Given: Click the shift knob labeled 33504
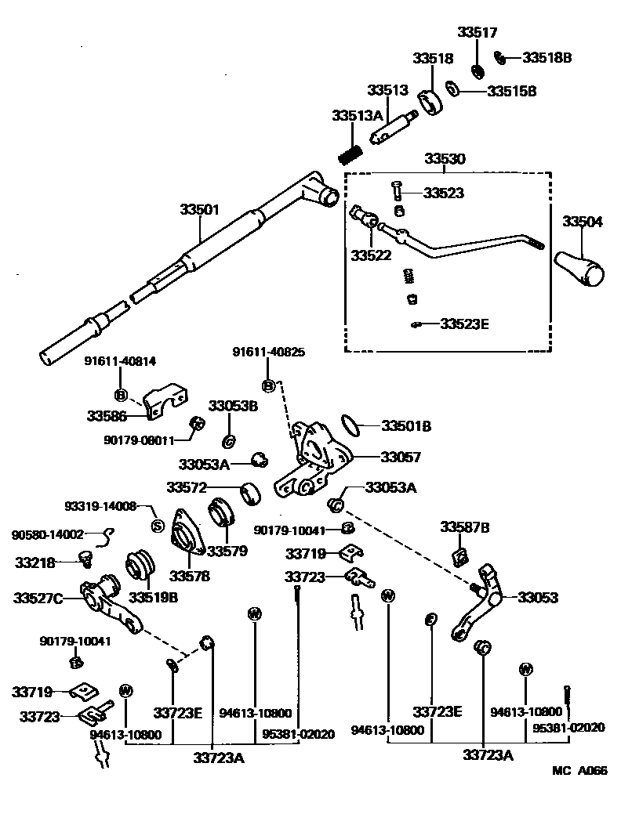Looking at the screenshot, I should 580,267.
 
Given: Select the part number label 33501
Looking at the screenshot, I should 199,210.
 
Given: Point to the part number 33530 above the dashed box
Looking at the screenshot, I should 445,159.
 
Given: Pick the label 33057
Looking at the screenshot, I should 401,456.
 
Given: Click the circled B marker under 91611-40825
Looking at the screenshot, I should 268,385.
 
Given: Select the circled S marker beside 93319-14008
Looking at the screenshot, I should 155,525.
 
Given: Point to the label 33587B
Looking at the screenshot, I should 464,527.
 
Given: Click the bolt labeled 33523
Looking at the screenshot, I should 396,189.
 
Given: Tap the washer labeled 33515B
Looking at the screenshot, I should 453,89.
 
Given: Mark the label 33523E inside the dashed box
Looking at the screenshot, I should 464,323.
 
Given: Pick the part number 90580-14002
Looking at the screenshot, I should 47,534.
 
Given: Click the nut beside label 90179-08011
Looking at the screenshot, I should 198,424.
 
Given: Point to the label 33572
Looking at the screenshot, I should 186,487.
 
